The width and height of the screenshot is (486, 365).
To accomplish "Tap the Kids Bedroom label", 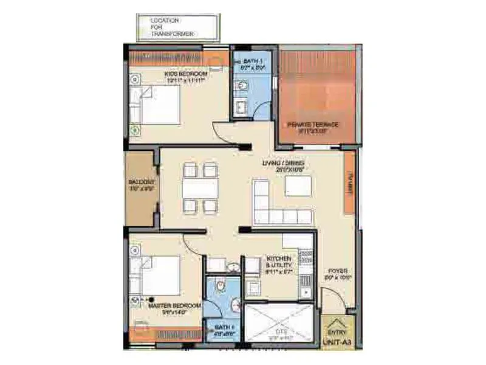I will click(185, 77).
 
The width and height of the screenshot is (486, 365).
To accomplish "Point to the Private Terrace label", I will click(317, 127).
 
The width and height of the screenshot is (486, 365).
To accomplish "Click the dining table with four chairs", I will click(200, 188).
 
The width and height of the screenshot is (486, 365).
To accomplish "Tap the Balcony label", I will click(142, 185).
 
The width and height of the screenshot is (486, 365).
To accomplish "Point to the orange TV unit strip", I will click(349, 182).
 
